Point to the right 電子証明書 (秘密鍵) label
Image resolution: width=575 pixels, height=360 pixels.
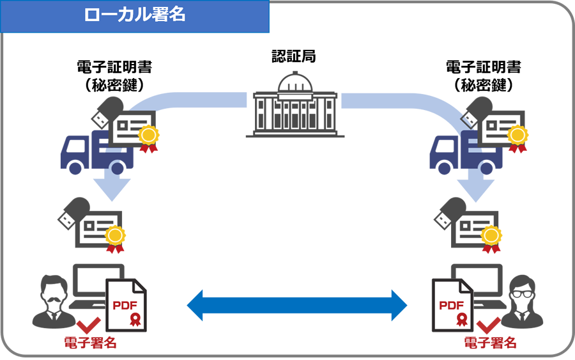coord(483,75)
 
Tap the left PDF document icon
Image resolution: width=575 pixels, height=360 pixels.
coord(126,306)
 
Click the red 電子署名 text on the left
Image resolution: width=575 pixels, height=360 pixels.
coord(91,343)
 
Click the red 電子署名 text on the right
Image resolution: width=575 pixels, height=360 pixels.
coord(490,343)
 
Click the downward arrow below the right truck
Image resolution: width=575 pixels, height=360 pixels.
coord(476,187)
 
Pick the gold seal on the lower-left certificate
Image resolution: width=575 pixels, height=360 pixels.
coord(115,236)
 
